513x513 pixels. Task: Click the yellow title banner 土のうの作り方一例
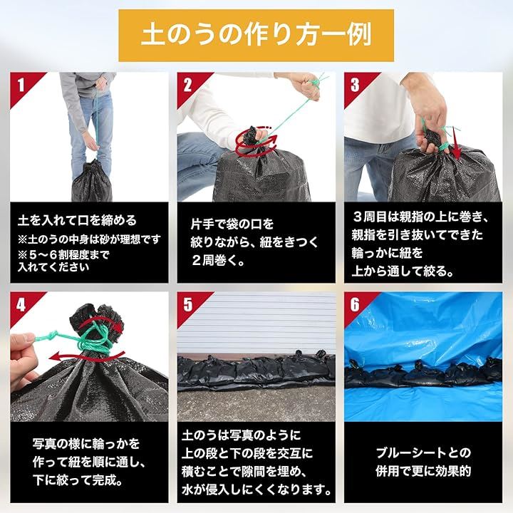click(x=256, y=36)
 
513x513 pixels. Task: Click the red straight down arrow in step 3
click(x=456, y=143)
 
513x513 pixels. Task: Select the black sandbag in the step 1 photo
click(x=92, y=182)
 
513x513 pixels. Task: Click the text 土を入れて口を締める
click(x=77, y=220)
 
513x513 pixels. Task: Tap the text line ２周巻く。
click(x=218, y=261)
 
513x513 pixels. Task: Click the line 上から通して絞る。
click(x=403, y=271)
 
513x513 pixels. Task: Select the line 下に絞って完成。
click(x=78, y=480)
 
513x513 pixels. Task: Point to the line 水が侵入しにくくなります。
click(x=256, y=489)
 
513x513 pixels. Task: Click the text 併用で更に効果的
click(x=423, y=471)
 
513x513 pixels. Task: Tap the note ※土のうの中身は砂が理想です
click(x=89, y=239)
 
